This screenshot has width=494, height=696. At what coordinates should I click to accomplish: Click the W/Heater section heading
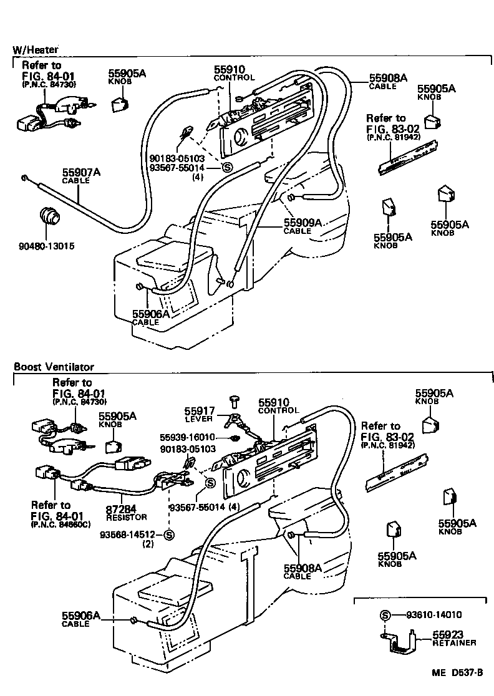(x=36, y=50)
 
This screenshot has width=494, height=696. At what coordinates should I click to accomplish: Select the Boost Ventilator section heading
(x=54, y=367)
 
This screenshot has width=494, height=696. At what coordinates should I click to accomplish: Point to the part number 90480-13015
(x=46, y=246)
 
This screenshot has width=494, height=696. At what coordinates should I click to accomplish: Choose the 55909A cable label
(x=303, y=222)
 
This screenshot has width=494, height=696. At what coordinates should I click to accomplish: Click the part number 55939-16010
(x=186, y=437)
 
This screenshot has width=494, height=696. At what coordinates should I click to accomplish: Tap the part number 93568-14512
(x=130, y=534)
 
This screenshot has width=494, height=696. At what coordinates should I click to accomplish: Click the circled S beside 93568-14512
(x=169, y=534)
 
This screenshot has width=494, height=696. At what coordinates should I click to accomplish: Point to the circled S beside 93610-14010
(x=384, y=615)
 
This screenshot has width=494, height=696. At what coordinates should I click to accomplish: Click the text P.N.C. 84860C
(x=61, y=524)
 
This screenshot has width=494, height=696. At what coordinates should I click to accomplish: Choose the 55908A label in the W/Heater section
(x=387, y=79)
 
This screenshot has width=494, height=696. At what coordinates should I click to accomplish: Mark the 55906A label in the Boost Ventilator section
(x=80, y=616)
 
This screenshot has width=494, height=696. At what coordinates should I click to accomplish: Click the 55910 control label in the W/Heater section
(x=230, y=70)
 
